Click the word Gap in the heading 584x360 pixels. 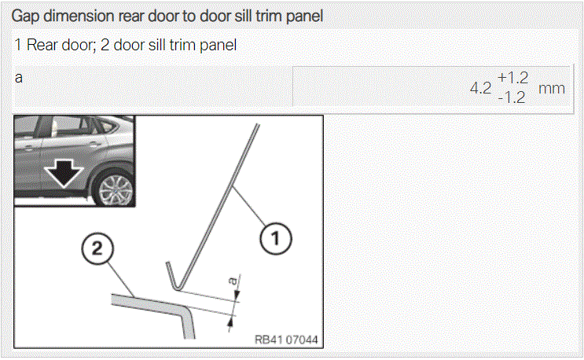[26, 17]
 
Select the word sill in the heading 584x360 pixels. [242, 16]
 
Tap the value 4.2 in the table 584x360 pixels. [480, 88]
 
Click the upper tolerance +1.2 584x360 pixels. [512, 78]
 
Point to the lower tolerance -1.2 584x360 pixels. [512, 97]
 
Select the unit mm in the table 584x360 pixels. [552, 89]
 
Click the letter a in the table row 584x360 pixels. [19, 78]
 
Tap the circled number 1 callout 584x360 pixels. [276, 239]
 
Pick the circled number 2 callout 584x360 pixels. [97, 248]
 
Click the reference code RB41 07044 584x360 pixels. [286, 340]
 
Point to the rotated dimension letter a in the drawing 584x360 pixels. [233, 281]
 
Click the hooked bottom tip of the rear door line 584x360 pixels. [177, 287]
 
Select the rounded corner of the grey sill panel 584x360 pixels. [185, 310]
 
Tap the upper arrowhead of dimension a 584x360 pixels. [236, 296]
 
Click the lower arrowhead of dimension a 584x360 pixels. [231, 321]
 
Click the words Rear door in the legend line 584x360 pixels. [59, 45]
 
